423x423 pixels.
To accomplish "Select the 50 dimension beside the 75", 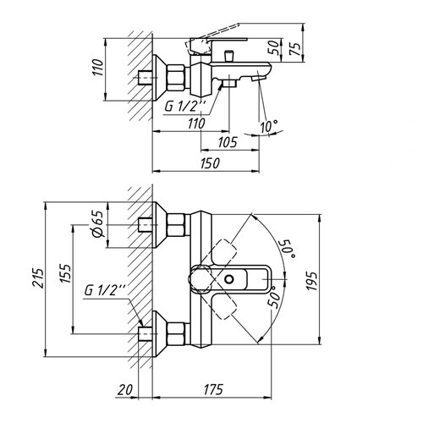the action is (x=273, y=47).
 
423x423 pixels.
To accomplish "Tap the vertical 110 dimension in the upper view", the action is (x=98, y=67).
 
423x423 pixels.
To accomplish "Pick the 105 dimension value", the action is (x=228, y=142).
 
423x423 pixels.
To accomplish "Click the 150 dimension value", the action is (x=210, y=163).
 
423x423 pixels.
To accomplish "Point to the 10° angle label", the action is (x=269, y=126).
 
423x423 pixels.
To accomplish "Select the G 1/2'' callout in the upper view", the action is (x=185, y=107).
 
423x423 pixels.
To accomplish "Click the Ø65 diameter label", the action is (x=98, y=224).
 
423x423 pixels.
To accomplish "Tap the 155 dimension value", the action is (x=65, y=273).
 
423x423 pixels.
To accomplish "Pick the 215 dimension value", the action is (x=38, y=278).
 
